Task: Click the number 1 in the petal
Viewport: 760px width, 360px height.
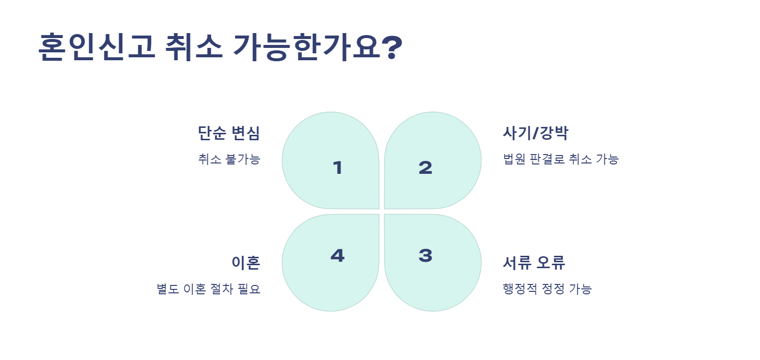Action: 338,168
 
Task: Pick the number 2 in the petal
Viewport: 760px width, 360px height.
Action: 425,168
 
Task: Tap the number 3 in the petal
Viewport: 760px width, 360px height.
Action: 425,255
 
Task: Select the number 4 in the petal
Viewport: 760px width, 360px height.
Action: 338,255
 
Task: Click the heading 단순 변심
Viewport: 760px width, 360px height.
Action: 228,133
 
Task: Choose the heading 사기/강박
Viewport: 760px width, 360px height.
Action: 535,133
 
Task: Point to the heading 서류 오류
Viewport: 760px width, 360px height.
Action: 533,263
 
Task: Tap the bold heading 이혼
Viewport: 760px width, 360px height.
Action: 246,263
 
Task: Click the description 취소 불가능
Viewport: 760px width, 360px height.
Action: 228,160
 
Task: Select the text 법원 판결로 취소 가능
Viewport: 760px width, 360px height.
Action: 560,160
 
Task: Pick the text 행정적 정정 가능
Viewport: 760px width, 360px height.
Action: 547,289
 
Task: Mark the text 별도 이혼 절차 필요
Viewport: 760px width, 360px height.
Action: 208,289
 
